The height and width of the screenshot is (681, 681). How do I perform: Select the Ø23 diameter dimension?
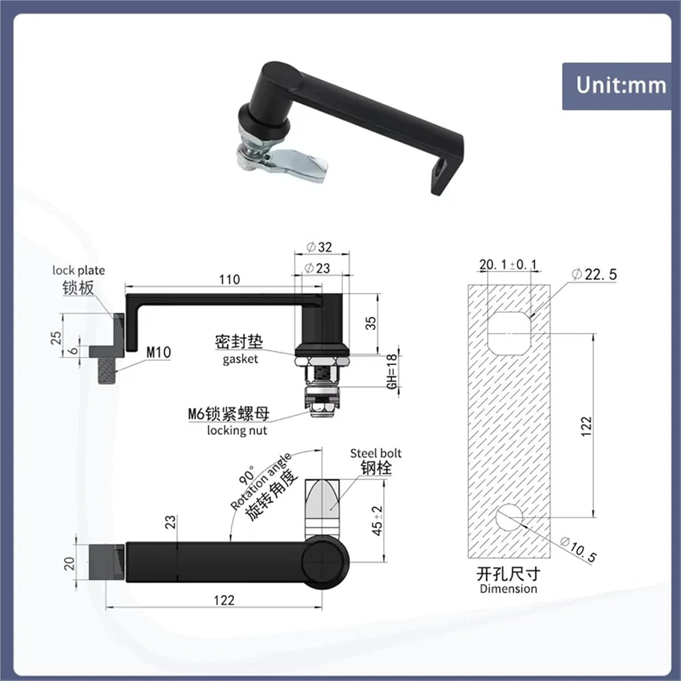coord(317,268)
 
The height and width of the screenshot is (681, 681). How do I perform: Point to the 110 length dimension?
coord(229,280)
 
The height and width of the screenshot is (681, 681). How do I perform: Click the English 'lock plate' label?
coord(79,271)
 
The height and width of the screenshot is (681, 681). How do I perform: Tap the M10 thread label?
coord(158,352)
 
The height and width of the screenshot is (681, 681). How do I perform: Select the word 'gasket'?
coord(240,359)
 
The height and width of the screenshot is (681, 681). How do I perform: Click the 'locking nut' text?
coord(237,430)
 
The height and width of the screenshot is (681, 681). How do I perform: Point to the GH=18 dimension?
coord(392,371)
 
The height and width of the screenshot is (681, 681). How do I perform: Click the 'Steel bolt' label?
coord(375,453)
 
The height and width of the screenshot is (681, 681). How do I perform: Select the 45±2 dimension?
coord(377,521)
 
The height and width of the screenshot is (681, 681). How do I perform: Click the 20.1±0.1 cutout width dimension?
coord(508,264)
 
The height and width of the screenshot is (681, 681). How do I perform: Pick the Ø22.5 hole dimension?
coord(594,274)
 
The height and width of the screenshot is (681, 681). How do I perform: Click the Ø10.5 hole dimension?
coord(578,549)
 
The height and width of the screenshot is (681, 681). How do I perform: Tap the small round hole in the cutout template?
coord(509,517)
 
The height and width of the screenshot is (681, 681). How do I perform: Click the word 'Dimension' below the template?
coord(508,589)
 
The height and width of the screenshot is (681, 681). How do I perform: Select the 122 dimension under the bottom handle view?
coord(224,600)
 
